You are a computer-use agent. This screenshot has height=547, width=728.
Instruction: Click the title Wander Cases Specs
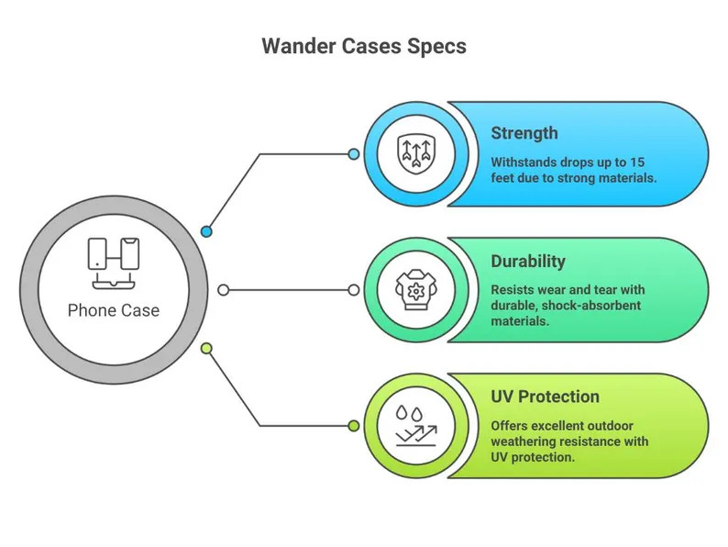[363, 46]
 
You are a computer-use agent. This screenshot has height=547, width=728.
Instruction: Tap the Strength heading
[524, 133]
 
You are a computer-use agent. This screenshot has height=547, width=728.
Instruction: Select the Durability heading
[529, 261]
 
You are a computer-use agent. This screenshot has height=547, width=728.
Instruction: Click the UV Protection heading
[545, 396]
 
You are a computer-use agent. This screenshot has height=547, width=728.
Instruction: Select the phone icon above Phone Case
[114, 259]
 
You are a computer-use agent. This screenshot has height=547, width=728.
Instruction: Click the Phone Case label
[114, 310]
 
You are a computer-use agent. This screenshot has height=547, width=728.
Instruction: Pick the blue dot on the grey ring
[207, 232]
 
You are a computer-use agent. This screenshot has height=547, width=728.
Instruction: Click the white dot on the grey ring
[223, 290]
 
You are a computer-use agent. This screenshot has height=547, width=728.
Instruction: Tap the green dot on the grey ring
[207, 348]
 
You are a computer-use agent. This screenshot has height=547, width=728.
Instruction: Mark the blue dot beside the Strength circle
[354, 154]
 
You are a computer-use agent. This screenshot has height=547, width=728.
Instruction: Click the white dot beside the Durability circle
[354, 290]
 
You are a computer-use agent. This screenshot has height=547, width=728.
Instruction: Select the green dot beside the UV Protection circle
[354, 425]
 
